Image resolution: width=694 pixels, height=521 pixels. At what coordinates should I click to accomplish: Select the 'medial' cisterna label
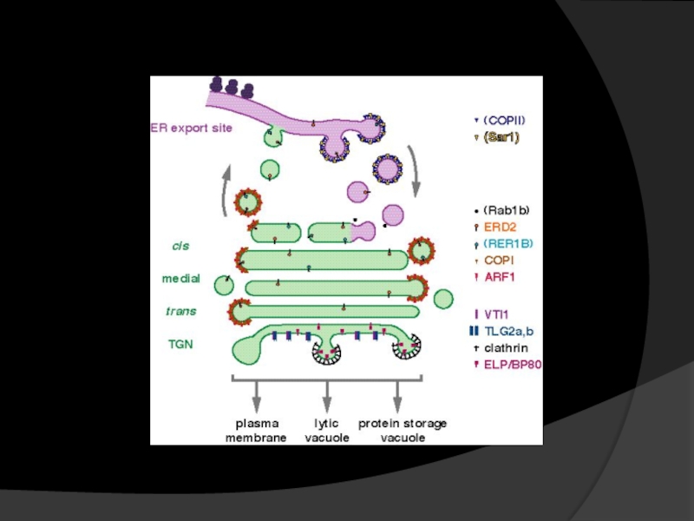pyautogui.click(x=181, y=279)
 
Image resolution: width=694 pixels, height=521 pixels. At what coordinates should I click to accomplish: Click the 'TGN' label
pyautogui.click(x=180, y=344)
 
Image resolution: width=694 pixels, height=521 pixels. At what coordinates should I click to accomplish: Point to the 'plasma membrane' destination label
pyautogui.click(x=256, y=431)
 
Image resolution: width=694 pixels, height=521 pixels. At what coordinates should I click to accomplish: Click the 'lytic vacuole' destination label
pyautogui.click(x=327, y=431)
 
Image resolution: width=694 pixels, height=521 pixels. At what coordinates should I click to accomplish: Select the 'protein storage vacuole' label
pyautogui.click(x=403, y=431)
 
